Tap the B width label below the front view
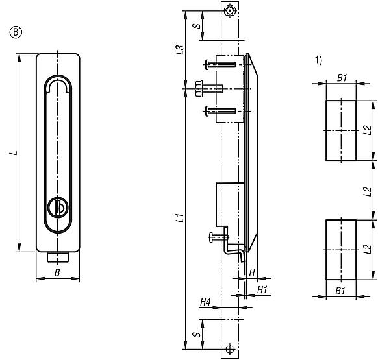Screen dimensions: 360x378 (x=58, y=274)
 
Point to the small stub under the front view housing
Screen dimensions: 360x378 (x=58, y=258)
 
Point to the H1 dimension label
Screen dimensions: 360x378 (x=262, y=289)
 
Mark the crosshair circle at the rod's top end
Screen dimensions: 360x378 (x=229, y=12)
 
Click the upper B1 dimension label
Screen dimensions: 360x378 (x=341, y=78)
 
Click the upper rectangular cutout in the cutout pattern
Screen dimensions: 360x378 (x=341, y=130)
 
